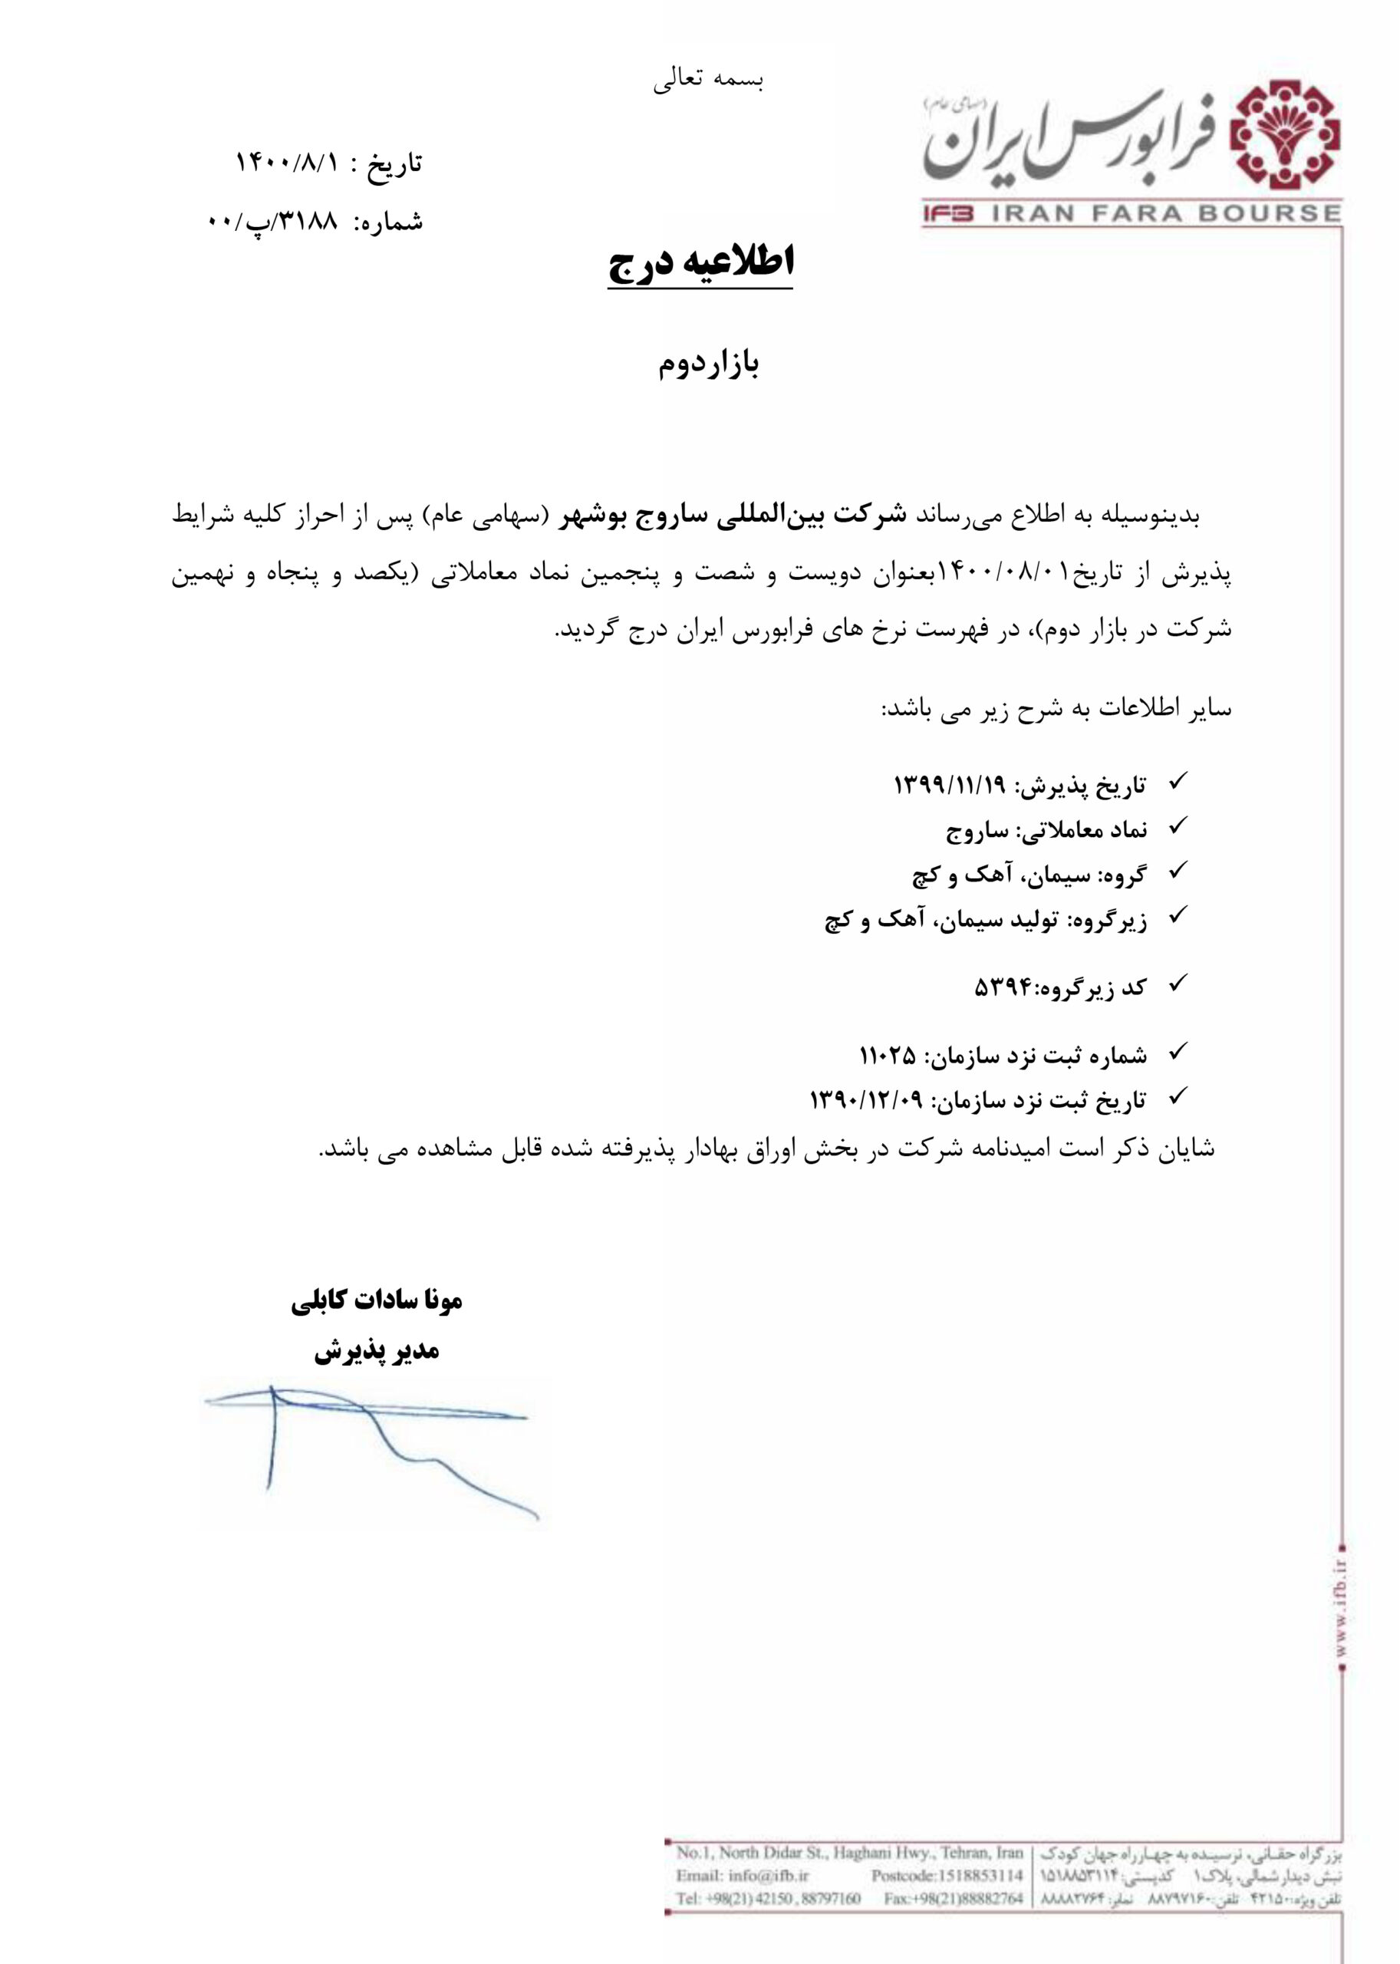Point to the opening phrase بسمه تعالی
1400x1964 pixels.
[709, 79]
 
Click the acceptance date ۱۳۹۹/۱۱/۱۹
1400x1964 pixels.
[949, 785]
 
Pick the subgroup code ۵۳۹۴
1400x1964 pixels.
[1003, 988]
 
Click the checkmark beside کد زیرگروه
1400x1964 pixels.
[1177, 984]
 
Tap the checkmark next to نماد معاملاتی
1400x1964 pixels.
[1177, 826]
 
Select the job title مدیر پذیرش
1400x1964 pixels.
[377, 1351]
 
